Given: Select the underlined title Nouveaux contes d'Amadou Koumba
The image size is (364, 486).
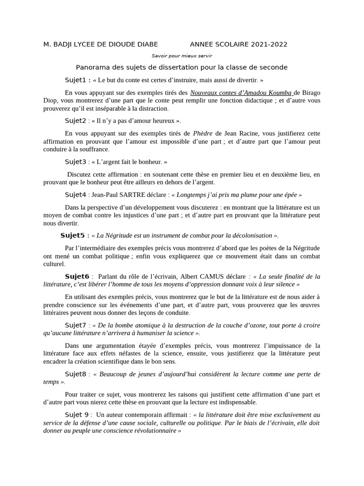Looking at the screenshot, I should point(241,93).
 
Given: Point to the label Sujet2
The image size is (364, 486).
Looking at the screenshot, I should point(75,121).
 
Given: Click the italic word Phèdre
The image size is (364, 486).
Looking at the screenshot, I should point(202,133).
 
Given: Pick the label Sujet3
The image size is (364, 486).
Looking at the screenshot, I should point(75,161).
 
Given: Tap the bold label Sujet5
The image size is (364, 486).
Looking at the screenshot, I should point(72,235).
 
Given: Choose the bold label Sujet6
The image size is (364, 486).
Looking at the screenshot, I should point(77,276).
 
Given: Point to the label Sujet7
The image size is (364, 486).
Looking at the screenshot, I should point(75,325).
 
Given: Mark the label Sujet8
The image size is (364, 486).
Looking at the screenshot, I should point(75,374).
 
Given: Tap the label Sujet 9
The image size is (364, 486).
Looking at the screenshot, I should point(77,415).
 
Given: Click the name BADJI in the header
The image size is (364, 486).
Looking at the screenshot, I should point(65,45).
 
